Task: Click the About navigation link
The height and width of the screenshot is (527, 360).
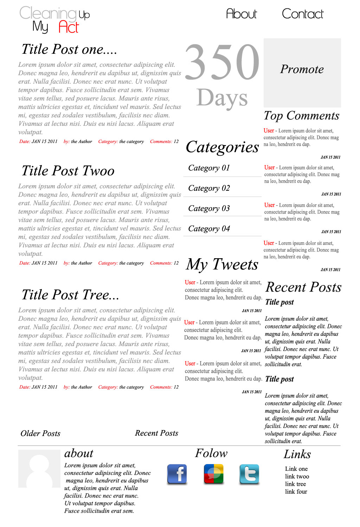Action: (242, 14)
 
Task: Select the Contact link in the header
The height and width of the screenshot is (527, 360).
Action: (302, 14)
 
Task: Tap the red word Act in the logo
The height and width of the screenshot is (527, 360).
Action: (69, 27)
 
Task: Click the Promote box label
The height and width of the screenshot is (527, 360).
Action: (302, 70)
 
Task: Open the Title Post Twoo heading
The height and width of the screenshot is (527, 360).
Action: (68, 171)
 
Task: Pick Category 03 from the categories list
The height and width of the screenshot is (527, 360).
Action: (209, 208)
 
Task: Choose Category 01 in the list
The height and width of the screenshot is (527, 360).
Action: (209, 168)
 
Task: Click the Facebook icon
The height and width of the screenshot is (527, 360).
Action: (177, 474)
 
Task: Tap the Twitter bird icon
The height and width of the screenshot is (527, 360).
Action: (249, 474)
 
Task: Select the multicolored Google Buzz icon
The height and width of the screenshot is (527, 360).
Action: (213, 474)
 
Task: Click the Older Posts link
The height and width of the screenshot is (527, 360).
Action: (40, 434)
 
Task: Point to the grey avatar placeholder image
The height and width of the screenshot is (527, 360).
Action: (39, 469)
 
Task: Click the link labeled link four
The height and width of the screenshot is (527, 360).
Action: (296, 492)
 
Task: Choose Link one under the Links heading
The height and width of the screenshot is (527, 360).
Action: (296, 469)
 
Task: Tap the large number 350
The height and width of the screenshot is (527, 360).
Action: (222, 62)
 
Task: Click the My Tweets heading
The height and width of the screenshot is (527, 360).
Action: (222, 265)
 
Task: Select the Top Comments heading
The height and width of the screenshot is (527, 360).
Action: (302, 116)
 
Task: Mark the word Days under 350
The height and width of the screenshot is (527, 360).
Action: (222, 98)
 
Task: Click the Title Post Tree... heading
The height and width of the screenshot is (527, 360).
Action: (70, 295)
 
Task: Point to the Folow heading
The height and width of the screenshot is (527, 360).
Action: (211, 453)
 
